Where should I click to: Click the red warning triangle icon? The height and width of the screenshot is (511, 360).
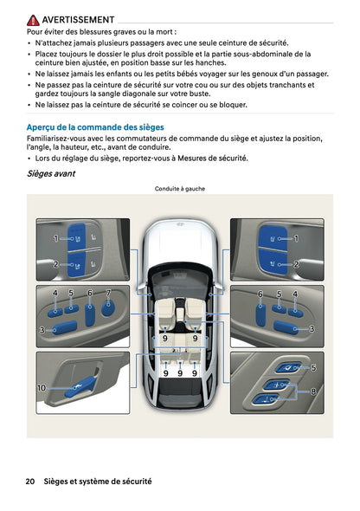point(33,19)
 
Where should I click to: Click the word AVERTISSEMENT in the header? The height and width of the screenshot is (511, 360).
point(78,19)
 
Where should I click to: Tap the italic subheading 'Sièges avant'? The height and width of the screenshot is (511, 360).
point(51,173)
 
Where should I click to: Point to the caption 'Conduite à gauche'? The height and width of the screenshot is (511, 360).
point(180,188)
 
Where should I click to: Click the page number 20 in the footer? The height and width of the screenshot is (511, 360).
point(30,481)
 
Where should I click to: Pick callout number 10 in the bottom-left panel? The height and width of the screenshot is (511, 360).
point(41,388)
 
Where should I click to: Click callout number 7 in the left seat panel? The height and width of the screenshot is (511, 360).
point(108,294)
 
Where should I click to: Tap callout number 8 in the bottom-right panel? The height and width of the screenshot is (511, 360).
point(312,391)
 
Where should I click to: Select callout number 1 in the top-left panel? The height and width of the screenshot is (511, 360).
point(55,237)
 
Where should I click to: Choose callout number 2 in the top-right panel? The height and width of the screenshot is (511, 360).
point(296,264)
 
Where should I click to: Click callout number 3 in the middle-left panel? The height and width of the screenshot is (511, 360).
point(42,330)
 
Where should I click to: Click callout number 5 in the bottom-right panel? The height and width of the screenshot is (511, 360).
point(312,367)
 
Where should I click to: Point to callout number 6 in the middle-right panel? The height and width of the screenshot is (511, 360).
point(260,294)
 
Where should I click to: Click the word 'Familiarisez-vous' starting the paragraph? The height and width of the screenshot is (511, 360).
point(58,139)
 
